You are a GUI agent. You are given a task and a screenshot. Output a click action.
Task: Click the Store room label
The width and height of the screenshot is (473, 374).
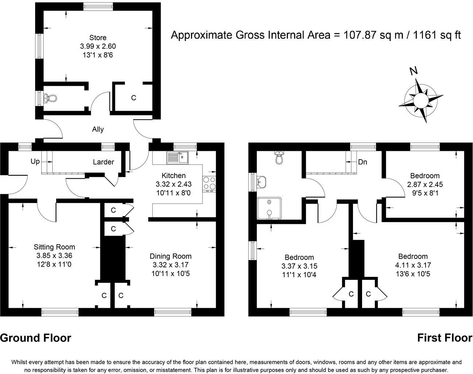(98, 38)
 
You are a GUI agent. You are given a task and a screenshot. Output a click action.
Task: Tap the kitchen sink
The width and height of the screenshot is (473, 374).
(178, 157)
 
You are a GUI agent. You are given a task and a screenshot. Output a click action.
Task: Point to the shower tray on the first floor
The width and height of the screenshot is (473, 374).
(269, 209)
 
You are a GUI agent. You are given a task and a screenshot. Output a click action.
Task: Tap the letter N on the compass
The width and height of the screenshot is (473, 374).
(414, 71)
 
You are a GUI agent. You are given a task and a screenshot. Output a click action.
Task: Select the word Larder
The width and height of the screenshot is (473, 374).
(103, 162)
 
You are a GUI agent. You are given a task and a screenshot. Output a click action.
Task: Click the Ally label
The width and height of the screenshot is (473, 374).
(98, 129)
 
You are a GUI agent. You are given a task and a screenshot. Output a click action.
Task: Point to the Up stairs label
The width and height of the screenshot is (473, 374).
(35, 162)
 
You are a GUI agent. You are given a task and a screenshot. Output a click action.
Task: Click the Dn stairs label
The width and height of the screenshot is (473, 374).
(362, 162)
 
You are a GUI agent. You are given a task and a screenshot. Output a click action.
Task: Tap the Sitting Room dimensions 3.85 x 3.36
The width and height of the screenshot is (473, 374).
(54, 256)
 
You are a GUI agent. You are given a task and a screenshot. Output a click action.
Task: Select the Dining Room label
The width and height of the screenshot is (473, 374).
(170, 256)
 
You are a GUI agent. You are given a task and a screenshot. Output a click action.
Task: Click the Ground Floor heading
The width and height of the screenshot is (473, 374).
(36, 338)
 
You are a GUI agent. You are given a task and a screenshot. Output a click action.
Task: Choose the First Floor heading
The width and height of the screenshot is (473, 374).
(445, 338)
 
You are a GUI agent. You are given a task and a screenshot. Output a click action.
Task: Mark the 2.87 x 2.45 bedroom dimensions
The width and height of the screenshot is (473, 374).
(425, 184)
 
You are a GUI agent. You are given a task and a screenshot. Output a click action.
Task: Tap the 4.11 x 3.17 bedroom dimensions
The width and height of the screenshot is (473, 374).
(413, 265)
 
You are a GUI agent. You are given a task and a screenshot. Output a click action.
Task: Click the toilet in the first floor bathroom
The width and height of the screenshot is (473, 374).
(279, 157)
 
